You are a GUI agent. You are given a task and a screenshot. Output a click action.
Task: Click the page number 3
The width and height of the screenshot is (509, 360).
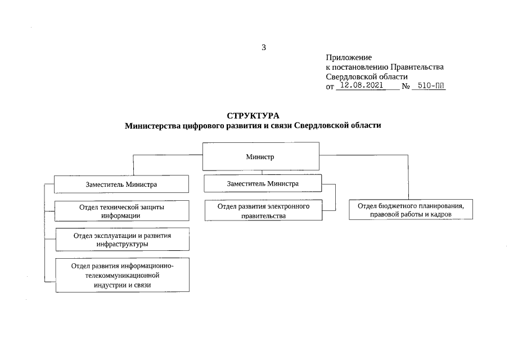[x=264, y=47]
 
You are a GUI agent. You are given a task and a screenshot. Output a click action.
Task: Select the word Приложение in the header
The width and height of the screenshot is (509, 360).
[x=349, y=57]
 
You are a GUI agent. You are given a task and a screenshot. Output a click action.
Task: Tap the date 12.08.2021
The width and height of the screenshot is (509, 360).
[x=362, y=86]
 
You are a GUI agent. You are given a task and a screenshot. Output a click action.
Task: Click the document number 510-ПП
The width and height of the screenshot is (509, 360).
[x=428, y=86]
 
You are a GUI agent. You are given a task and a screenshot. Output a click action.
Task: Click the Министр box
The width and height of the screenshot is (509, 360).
[x=260, y=156]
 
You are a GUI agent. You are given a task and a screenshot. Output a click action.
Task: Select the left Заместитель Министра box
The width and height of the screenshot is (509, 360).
[x=121, y=184]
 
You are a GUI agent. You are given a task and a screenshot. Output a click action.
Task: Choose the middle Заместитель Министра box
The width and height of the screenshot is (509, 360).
[x=263, y=183]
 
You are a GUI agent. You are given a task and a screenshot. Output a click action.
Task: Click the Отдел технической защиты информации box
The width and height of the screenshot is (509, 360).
[x=121, y=211]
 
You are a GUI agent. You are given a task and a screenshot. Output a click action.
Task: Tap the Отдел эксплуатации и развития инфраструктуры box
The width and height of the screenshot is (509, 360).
[x=122, y=240]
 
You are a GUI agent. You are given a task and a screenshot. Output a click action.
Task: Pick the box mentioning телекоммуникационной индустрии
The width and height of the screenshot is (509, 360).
[x=122, y=275]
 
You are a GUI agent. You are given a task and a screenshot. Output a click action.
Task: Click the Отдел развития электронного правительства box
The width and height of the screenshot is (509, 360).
[x=264, y=210]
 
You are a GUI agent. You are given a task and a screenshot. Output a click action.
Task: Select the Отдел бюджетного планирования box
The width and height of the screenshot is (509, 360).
[x=411, y=210]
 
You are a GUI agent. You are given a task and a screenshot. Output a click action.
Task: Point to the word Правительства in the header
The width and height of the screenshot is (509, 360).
[x=420, y=67]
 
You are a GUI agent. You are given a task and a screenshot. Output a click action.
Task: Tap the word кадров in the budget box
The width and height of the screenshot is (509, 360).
[x=440, y=214]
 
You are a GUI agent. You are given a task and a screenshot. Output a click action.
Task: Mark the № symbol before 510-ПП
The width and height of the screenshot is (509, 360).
[x=405, y=87]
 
